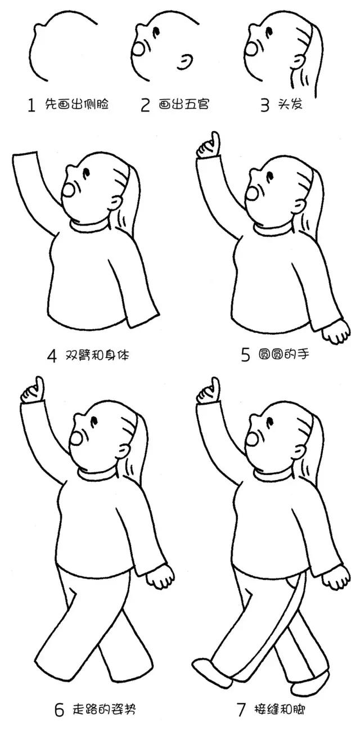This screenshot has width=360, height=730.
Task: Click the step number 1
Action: click(x=31, y=105)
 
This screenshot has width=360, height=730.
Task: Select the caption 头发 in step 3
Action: click(x=290, y=105)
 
